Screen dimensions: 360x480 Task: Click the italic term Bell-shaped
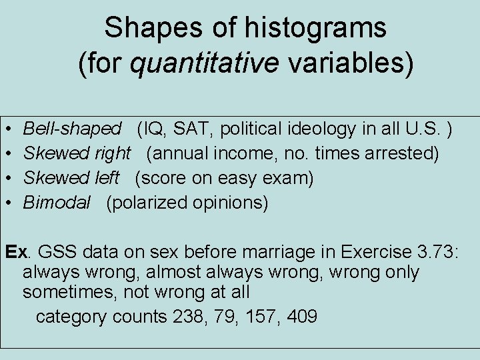(x=72, y=129)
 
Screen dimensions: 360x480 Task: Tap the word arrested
(x=400, y=153)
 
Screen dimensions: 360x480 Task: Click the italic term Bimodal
(x=56, y=203)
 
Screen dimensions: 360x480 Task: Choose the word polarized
(x=150, y=203)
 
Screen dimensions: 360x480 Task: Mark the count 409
(x=301, y=316)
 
